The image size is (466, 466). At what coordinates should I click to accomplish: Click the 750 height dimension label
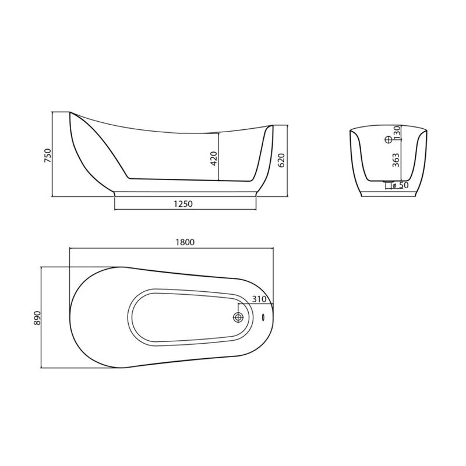pos(48,156)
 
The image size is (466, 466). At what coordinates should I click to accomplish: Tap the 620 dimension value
pos(281,161)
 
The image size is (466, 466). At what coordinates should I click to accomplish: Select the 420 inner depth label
pos(214,158)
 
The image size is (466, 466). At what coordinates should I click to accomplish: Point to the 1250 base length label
pos(183,204)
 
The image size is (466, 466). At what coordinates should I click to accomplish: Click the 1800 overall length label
pos(185,242)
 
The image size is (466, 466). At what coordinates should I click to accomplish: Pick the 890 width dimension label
pos(37,318)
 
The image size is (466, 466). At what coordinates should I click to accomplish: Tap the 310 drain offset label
pos(259,299)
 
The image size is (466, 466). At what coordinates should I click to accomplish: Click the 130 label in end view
pos(397,133)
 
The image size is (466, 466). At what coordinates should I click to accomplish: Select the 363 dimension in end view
pos(396,160)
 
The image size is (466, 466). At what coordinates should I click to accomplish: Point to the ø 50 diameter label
pos(400,185)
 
